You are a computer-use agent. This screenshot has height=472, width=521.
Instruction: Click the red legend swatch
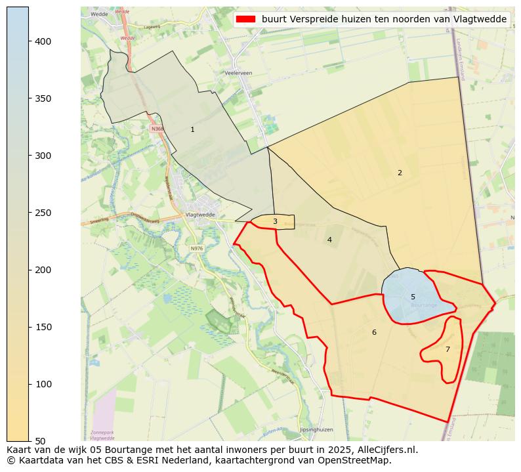[247, 19]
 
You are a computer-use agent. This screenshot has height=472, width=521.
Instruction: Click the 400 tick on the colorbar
[29, 41]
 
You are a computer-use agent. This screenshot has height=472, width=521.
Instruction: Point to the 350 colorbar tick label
[43, 98]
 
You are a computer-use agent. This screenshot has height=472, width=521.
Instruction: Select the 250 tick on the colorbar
[29, 213]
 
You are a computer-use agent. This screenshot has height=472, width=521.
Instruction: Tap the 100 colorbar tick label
[43, 384]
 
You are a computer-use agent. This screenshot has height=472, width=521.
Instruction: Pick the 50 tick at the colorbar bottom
[29, 440]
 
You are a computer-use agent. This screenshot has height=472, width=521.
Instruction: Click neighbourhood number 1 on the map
[192, 129]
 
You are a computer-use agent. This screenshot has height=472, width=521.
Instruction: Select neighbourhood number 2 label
[400, 173]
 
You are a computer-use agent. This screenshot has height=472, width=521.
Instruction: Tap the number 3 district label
[275, 222]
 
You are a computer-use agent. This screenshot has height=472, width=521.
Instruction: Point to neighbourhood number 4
[329, 240]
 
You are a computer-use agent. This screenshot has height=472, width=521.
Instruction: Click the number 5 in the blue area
[413, 297]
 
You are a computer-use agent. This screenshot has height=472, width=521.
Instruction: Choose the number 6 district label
[374, 332]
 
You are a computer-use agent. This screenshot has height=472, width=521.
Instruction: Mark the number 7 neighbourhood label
[448, 349]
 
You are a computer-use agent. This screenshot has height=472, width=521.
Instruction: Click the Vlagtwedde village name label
[200, 215]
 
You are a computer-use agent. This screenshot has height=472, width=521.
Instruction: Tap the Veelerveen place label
[238, 73]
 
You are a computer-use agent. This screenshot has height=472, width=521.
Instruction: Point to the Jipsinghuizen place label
[316, 429]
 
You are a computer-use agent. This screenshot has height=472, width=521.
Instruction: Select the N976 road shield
[197, 249]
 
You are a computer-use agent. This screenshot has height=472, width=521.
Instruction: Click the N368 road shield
[157, 129]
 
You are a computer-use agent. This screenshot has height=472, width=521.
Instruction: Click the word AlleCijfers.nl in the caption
[384, 450]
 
